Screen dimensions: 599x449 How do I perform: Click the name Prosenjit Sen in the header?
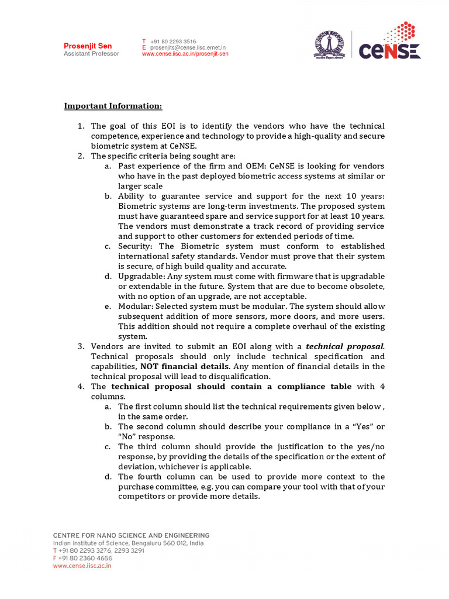(x=88, y=46)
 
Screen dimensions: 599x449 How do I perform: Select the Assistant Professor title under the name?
(x=91, y=54)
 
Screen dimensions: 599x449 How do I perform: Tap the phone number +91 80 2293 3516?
(x=173, y=42)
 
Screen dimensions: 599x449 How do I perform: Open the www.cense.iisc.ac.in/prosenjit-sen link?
(x=185, y=54)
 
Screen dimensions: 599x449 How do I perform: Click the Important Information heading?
(x=113, y=106)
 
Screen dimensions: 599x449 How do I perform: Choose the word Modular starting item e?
(x=136, y=306)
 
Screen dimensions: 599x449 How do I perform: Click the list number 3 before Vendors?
(x=81, y=346)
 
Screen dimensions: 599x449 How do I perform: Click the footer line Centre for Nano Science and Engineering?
(x=131, y=535)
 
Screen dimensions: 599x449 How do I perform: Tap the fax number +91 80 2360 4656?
(x=85, y=558)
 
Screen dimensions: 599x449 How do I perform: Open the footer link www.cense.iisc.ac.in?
(x=82, y=566)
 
